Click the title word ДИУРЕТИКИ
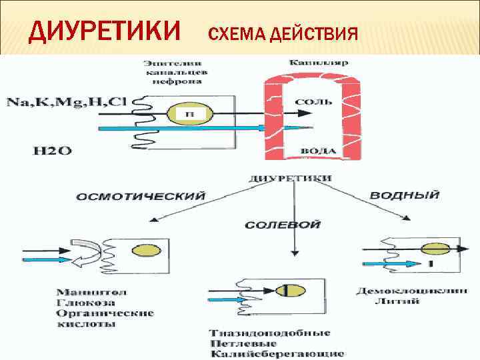click(x=105, y=31)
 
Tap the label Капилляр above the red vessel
click(x=313, y=63)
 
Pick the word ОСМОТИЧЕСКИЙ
click(x=141, y=197)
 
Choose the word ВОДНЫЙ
click(x=404, y=195)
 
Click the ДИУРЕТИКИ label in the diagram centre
click(x=290, y=179)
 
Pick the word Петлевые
click(x=239, y=343)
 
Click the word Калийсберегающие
click(x=277, y=353)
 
